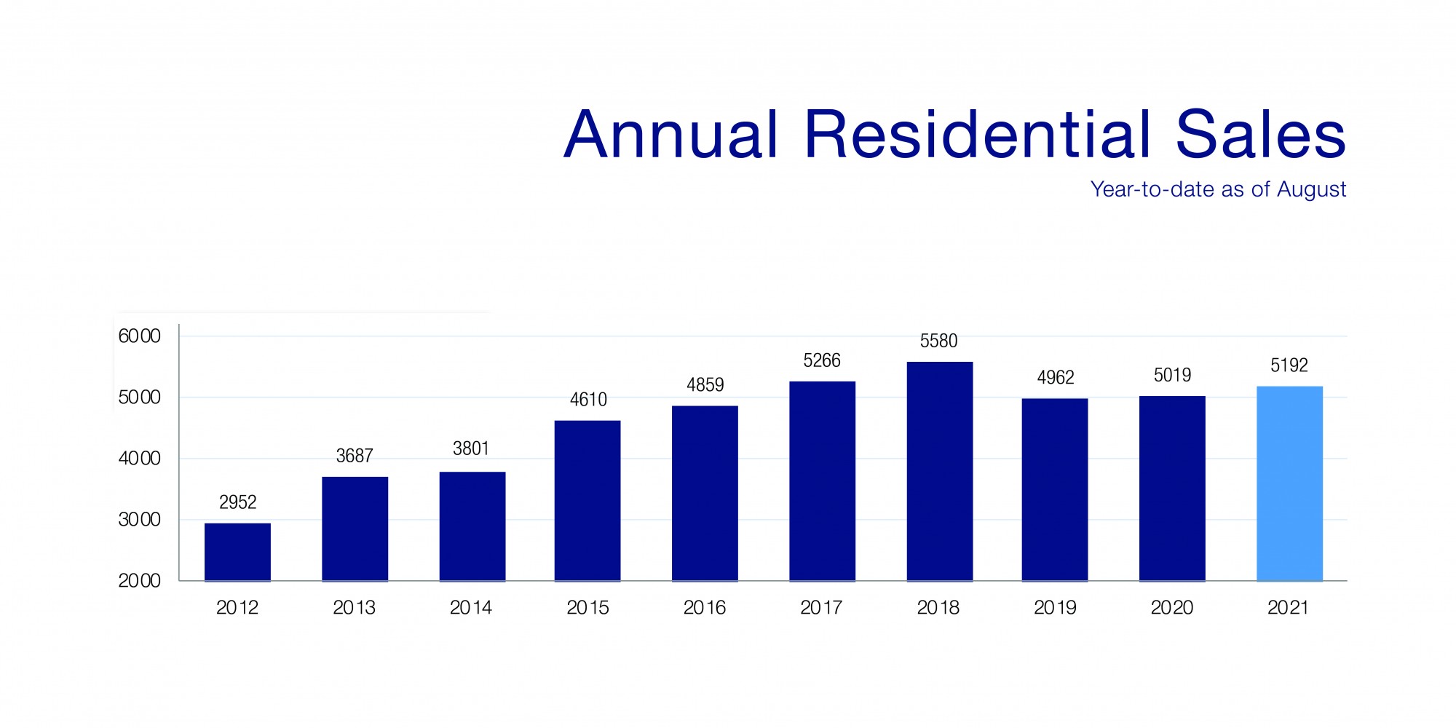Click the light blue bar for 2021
[x=1289, y=483]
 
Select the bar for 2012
[x=237, y=552]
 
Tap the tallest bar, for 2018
[x=939, y=471]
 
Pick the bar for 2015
[x=587, y=500]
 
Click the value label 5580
[x=938, y=341]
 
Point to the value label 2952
[x=237, y=502]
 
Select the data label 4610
[x=587, y=400]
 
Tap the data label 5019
[x=1172, y=375]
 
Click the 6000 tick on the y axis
[x=139, y=336]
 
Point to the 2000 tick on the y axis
[x=139, y=581]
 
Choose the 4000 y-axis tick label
[x=139, y=459]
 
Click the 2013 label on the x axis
[x=354, y=607]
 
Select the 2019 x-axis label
[x=1055, y=607]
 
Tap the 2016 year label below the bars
[x=704, y=607]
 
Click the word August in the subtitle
[x=1311, y=190]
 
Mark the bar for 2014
[x=472, y=526]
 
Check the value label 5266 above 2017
[x=822, y=360]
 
